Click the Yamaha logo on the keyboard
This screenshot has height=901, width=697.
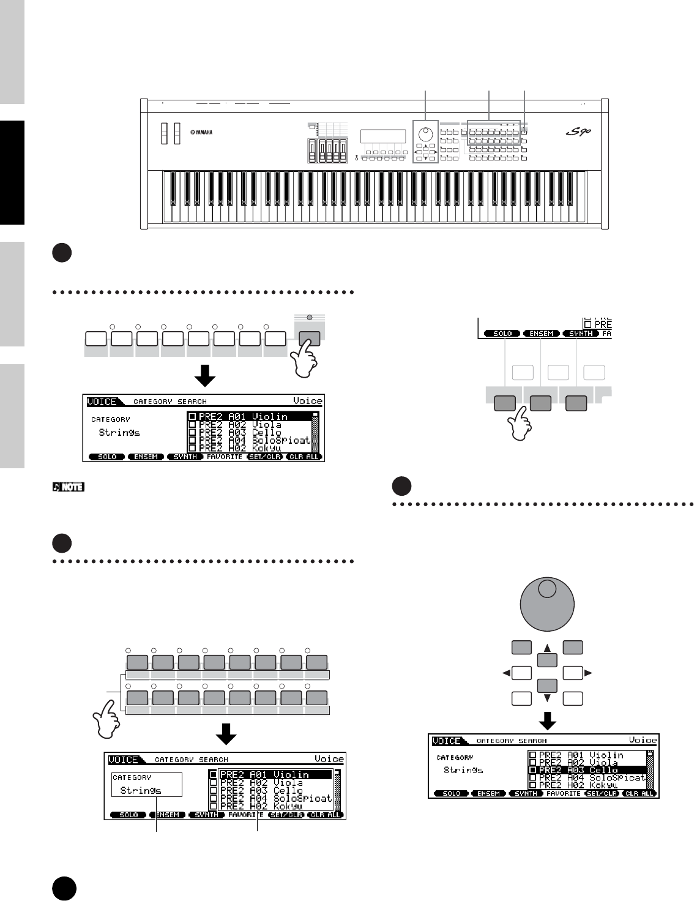pos(201,132)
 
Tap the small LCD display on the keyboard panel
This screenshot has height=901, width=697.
pos(383,136)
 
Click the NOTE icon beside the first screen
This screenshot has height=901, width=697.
pos(69,488)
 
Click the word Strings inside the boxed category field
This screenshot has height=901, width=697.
pos(141,790)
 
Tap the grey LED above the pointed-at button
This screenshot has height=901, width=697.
pos(310,317)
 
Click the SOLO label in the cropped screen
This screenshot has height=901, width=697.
pos(502,334)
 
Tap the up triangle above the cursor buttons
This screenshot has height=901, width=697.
pos(548,647)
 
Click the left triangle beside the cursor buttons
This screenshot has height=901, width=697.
pos(505,673)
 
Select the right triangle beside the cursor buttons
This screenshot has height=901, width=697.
pos(589,673)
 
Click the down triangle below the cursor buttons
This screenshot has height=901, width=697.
pos(548,698)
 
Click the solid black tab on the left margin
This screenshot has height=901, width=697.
pos(12,172)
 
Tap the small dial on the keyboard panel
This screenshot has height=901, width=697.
pos(424,133)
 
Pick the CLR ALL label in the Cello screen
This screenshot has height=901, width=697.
pos(639,793)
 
